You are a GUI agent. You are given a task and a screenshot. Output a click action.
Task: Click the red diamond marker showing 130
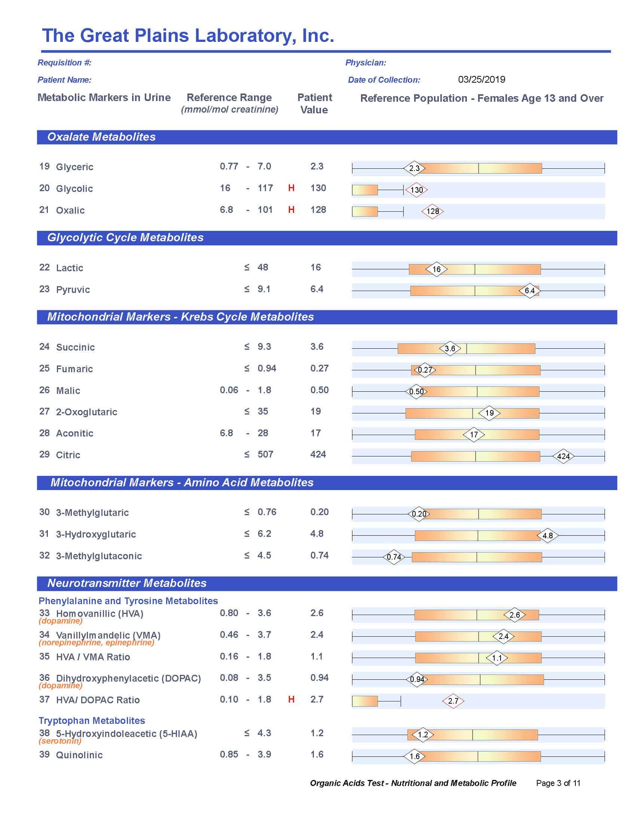point(416,190)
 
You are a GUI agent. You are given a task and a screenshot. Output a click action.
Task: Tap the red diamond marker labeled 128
point(432,211)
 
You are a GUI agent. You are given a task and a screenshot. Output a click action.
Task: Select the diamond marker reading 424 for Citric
point(563,456)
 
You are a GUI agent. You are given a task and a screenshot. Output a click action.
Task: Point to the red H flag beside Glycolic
point(291,188)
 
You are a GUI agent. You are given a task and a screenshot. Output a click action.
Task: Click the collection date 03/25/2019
point(481,80)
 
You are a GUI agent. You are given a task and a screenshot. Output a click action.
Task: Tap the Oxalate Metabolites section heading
point(101,137)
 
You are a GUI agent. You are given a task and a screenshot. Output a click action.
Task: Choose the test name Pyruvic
point(73,290)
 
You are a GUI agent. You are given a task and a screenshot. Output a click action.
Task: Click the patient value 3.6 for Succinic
point(317,347)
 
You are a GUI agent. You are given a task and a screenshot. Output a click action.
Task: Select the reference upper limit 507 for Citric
point(265,455)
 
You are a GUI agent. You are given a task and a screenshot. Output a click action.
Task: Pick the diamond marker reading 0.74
point(394,557)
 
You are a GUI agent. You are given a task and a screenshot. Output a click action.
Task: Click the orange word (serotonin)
point(60,741)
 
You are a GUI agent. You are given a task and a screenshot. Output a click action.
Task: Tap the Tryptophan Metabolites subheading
point(92,720)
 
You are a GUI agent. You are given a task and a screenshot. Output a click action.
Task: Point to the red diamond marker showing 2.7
point(453,701)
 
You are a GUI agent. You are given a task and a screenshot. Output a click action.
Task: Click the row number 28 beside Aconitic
point(45,433)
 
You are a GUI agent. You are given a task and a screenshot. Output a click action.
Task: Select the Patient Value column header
point(315,104)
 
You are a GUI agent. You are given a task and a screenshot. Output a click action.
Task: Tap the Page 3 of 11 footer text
point(558,783)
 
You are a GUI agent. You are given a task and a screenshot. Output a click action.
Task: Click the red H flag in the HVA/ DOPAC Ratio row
point(291,700)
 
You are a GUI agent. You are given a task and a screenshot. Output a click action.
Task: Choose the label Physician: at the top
point(366,62)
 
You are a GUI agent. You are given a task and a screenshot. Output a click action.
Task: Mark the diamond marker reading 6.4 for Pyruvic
point(529,291)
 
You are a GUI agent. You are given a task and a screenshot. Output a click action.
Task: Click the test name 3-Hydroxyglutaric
point(96,534)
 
